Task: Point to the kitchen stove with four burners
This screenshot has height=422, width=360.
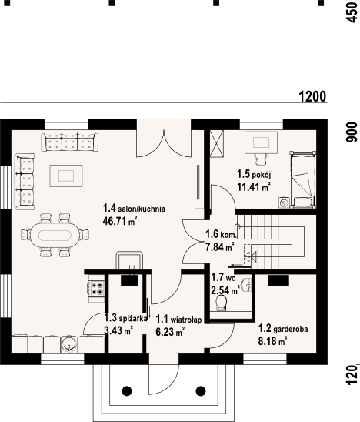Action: point(97,289)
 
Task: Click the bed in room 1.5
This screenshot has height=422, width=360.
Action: point(303,179)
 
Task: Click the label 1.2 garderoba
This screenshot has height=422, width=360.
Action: point(283,327)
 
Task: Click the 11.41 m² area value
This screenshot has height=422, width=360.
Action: point(253,186)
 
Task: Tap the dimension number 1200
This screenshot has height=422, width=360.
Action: point(312,96)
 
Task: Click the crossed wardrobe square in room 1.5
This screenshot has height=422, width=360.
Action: point(218,142)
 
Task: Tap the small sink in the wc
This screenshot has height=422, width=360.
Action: point(247,283)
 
